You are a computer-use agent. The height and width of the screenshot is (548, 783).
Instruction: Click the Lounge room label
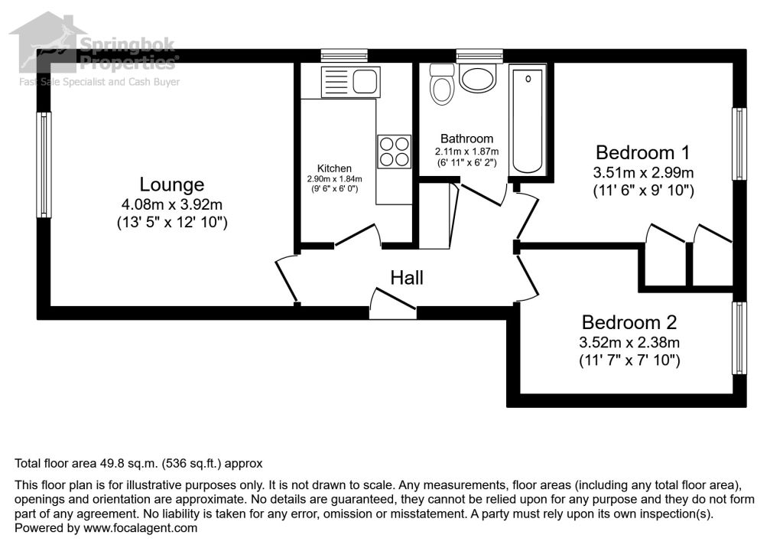[171, 184]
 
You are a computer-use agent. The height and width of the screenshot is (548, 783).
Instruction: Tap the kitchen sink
[351, 80]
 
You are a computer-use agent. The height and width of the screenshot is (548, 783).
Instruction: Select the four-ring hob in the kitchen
[394, 151]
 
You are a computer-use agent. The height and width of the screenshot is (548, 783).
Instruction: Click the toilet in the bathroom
[443, 84]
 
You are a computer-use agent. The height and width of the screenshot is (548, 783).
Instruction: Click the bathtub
[528, 120]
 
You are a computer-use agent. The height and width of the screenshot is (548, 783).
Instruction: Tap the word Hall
[407, 278]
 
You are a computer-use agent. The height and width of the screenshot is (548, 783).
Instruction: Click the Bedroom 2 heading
[629, 322]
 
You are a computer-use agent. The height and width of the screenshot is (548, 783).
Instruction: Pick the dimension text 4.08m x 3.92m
[171, 204]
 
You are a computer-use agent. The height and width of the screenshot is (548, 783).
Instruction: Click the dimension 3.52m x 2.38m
[629, 341]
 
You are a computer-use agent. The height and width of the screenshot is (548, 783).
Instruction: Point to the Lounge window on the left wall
[44, 165]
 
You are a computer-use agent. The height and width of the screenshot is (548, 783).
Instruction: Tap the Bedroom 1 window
[739, 144]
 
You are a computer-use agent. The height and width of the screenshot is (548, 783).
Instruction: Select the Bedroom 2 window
[739, 338]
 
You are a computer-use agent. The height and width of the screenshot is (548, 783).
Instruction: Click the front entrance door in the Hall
[393, 305]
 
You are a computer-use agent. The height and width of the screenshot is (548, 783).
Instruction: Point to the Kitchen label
[334, 168]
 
